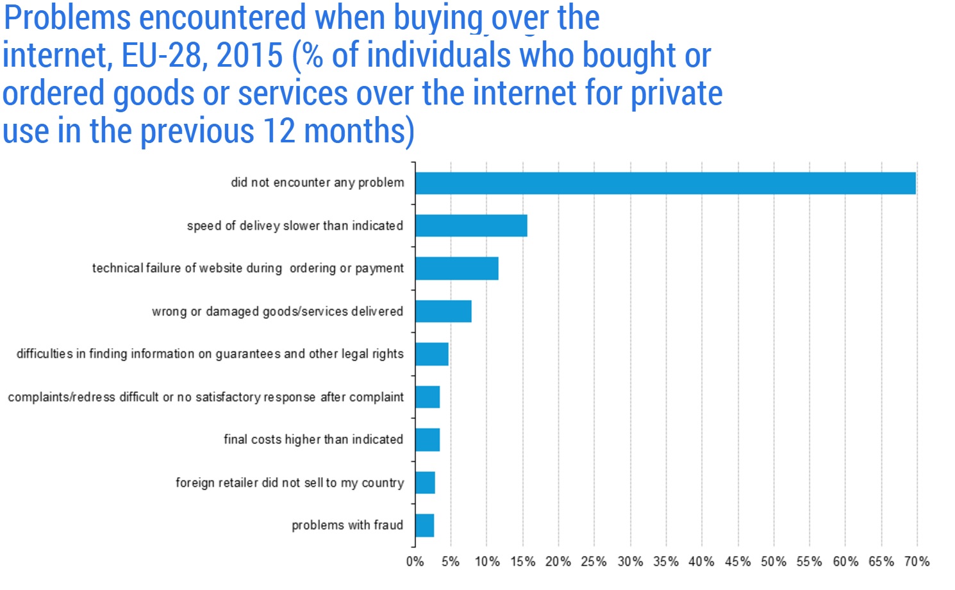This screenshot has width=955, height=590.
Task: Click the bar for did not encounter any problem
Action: (665, 183)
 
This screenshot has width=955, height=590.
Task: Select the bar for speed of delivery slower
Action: (471, 226)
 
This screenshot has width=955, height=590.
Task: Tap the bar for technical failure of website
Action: (456, 269)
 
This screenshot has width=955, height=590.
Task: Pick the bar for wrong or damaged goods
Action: (443, 311)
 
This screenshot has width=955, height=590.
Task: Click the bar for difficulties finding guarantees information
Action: (431, 354)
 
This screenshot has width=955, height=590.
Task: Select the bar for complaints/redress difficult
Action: (427, 397)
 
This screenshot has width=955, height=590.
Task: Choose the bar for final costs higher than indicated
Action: (427, 440)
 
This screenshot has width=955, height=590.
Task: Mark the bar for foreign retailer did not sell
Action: (425, 483)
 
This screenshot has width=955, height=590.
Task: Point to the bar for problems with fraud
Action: (424, 525)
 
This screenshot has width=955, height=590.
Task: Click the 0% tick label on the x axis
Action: (415, 562)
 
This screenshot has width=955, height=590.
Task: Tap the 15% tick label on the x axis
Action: (522, 562)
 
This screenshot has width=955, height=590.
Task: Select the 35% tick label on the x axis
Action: (666, 562)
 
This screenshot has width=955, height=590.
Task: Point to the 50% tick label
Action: (774, 562)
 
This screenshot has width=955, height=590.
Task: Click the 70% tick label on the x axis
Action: (917, 562)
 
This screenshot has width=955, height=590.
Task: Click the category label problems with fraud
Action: (347, 525)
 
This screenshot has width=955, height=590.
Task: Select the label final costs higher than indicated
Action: (313, 440)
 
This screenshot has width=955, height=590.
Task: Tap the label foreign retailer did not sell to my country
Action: (290, 483)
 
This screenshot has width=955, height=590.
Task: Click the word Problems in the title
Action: (67, 18)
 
